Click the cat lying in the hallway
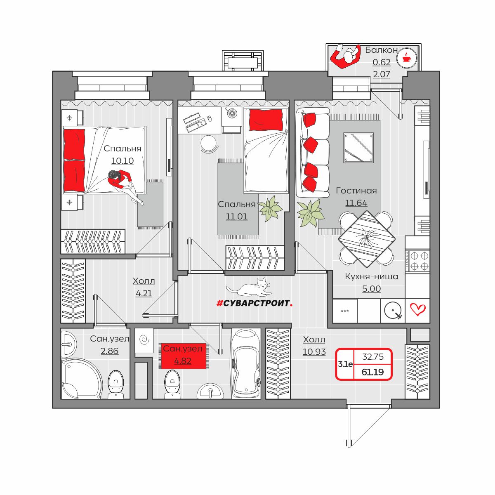coord(249,288)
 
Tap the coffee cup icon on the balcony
coord(406,58)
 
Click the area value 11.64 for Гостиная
coord(356,203)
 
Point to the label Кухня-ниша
coord(371,277)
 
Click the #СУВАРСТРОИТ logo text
coord(255,303)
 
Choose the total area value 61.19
coord(372,372)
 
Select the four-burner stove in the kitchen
coord(417,261)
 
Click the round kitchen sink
coord(393,310)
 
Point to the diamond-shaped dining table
coord(367,239)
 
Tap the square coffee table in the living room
coord(358,147)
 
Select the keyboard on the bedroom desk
coord(192,118)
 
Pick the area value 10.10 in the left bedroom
coord(122,161)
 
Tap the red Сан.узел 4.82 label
coord(184,356)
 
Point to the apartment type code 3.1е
coord(345,364)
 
